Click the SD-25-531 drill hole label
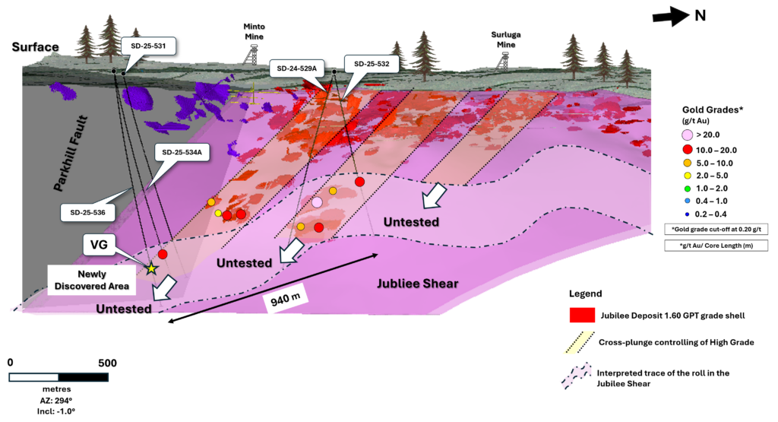click(148, 46)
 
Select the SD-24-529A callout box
click(296, 69)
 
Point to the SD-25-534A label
click(181, 152)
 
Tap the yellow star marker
click(151, 268)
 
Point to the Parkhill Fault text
click(72, 153)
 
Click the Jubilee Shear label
click(418, 284)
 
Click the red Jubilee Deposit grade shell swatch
click(582, 316)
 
